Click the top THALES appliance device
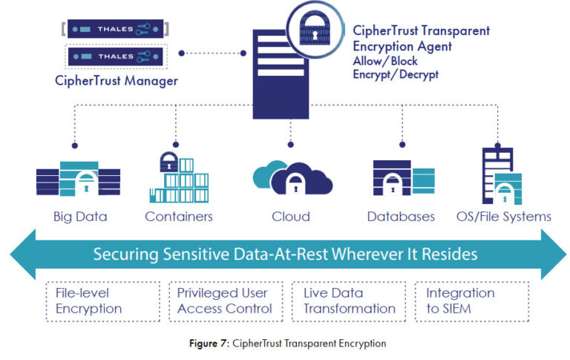(114, 29)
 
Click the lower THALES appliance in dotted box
(114, 56)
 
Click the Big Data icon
(79, 177)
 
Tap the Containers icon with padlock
(178, 177)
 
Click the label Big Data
(80, 217)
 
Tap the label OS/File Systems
(503, 217)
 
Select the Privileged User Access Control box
(225, 301)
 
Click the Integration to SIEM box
(471, 301)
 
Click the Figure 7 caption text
(285, 344)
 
